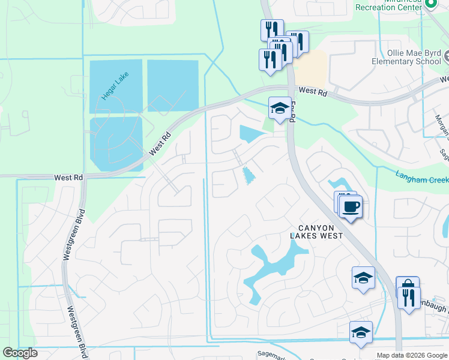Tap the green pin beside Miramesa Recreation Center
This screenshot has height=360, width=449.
(x=430, y=3)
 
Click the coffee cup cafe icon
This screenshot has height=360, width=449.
(x=351, y=207)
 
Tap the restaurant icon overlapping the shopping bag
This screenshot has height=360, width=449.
(x=409, y=297)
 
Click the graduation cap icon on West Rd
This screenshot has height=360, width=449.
(x=280, y=108)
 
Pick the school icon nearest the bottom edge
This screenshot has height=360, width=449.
(x=360, y=332)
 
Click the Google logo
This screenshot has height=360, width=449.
(x=20, y=353)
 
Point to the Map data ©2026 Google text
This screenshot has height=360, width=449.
(x=412, y=355)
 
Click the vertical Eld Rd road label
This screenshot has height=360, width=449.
(x=293, y=112)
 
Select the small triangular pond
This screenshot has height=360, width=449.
(x=248, y=175)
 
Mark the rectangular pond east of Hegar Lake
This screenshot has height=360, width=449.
(x=173, y=86)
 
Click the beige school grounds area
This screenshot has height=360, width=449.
(x=313, y=67)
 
